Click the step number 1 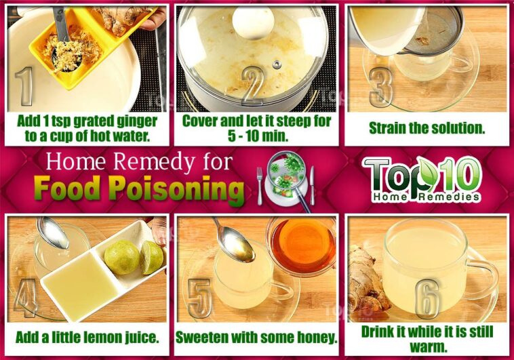tap(24, 86)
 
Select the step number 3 tap(380, 87)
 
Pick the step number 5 tap(199, 298)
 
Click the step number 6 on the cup tap(427, 300)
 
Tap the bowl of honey tap(302, 246)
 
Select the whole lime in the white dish tap(122, 258)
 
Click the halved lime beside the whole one tap(151, 258)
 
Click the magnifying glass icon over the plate tap(288, 179)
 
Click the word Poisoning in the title tap(177, 188)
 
